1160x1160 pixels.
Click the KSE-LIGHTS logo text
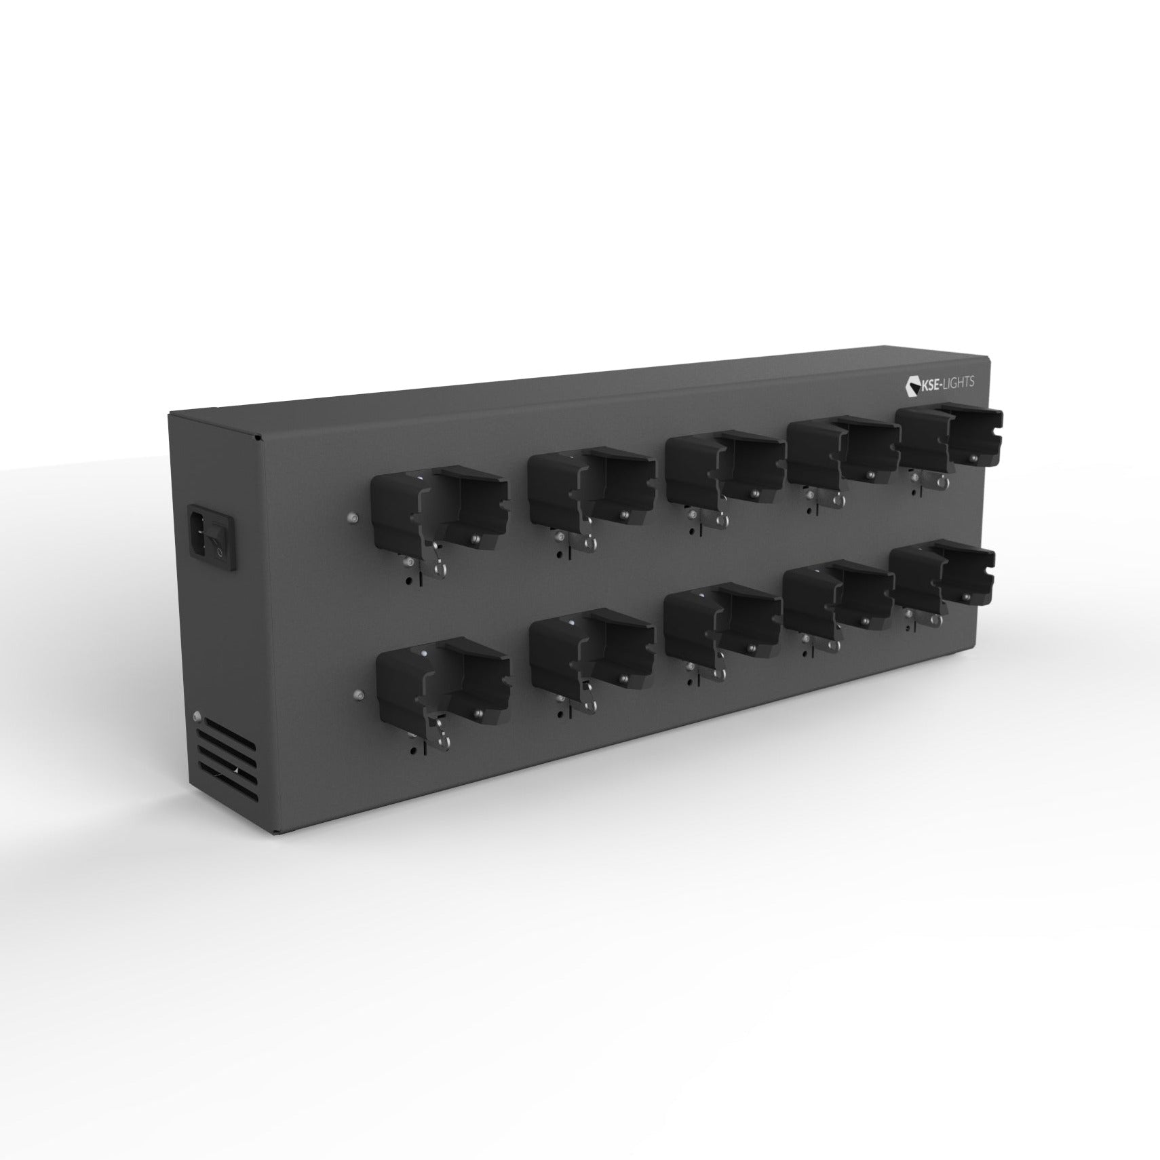pyautogui.click(x=945, y=384)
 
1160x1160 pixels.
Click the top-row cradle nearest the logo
pyautogui.click(x=950, y=441)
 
